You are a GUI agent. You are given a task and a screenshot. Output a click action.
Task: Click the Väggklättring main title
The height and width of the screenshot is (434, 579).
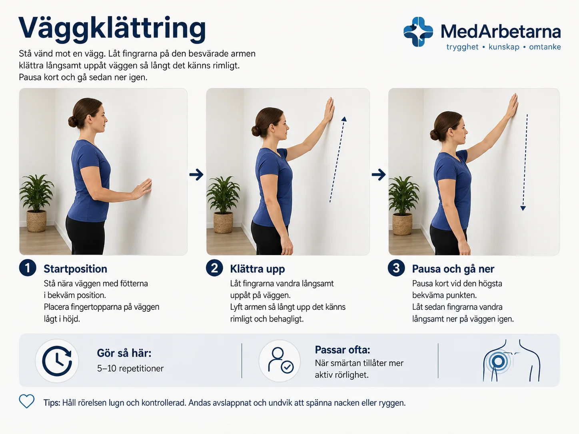tap(112, 30)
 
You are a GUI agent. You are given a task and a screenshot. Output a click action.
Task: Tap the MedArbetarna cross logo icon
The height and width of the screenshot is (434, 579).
tap(418, 32)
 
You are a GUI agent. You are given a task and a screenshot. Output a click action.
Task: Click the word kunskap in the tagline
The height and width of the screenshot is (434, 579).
tap(504, 47)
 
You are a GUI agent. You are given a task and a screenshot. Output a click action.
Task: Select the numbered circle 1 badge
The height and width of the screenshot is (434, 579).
tap(28, 268)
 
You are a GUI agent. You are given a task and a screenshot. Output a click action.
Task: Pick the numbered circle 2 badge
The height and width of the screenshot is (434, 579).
tap(214, 268)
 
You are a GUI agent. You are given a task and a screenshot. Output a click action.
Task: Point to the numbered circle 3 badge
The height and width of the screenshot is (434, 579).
tap(396, 268)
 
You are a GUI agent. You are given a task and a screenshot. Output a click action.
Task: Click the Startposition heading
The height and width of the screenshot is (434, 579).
tap(76, 269)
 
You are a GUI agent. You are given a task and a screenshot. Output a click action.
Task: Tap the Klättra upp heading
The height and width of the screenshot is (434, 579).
tap(258, 269)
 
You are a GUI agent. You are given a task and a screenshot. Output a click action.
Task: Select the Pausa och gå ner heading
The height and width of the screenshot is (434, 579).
tap(453, 269)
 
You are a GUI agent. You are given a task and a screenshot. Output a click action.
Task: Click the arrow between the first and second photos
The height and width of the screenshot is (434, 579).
tap(196, 175)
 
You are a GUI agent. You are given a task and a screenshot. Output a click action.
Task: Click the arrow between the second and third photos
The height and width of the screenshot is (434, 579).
tap(379, 175)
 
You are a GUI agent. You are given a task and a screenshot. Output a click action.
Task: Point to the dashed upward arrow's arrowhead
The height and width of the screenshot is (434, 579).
tap(344, 119)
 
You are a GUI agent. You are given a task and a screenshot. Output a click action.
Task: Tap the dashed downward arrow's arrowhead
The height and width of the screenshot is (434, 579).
tap(523, 208)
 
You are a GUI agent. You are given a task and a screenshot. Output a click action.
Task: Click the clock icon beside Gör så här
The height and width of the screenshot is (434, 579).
tap(57, 361)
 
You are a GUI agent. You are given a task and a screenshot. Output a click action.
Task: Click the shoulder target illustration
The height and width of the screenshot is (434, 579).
tap(511, 361)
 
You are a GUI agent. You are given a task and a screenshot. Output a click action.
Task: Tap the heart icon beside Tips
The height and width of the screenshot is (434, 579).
tap(27, 401)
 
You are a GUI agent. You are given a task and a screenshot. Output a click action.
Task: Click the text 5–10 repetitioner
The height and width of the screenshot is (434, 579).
tap(130, 368)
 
